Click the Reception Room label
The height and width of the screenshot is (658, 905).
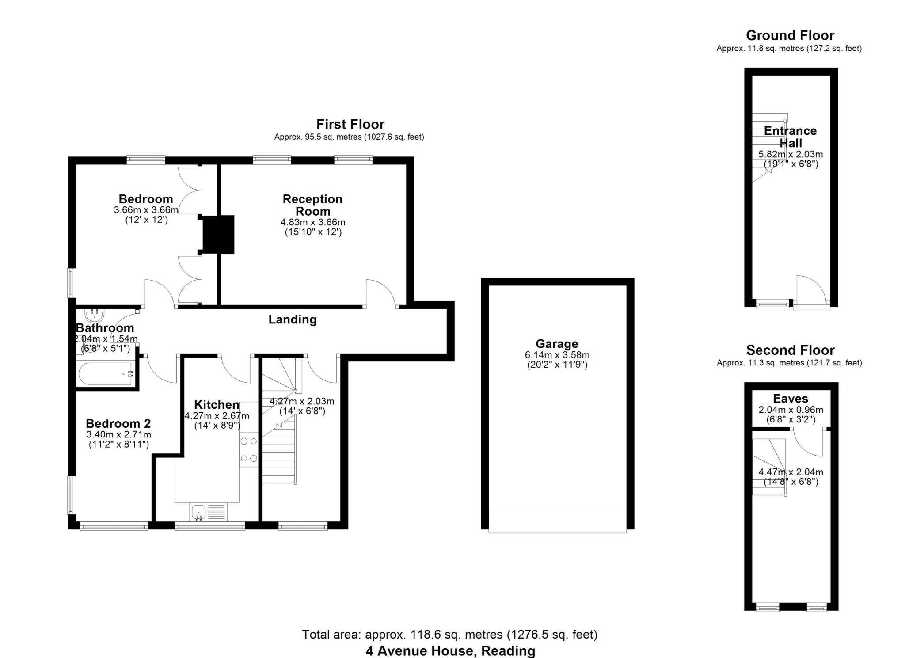point(312,205)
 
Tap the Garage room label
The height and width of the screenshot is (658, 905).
point(557,344)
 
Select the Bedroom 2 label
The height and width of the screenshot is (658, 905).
point(118,423)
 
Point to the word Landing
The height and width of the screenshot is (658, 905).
point(293,319)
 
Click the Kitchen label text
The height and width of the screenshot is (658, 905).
point(217,404)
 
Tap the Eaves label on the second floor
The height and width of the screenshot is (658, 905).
point(791,399)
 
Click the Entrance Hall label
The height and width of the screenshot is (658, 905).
point(791,137)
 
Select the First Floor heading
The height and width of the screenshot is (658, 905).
point(350,124)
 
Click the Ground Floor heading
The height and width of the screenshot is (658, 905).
point(790,35)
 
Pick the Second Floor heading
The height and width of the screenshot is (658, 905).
point(790,350)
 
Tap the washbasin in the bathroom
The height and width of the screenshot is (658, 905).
point(94,315)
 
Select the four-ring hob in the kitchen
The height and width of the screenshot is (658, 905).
point(249,450)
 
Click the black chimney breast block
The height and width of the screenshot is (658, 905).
point(217,235)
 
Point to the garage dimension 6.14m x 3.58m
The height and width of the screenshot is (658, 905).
point(557,355)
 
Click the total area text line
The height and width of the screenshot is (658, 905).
point(449,635)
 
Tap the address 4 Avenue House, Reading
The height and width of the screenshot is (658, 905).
point(450,651)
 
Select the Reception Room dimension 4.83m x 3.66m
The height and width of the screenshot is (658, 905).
point(313,222)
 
